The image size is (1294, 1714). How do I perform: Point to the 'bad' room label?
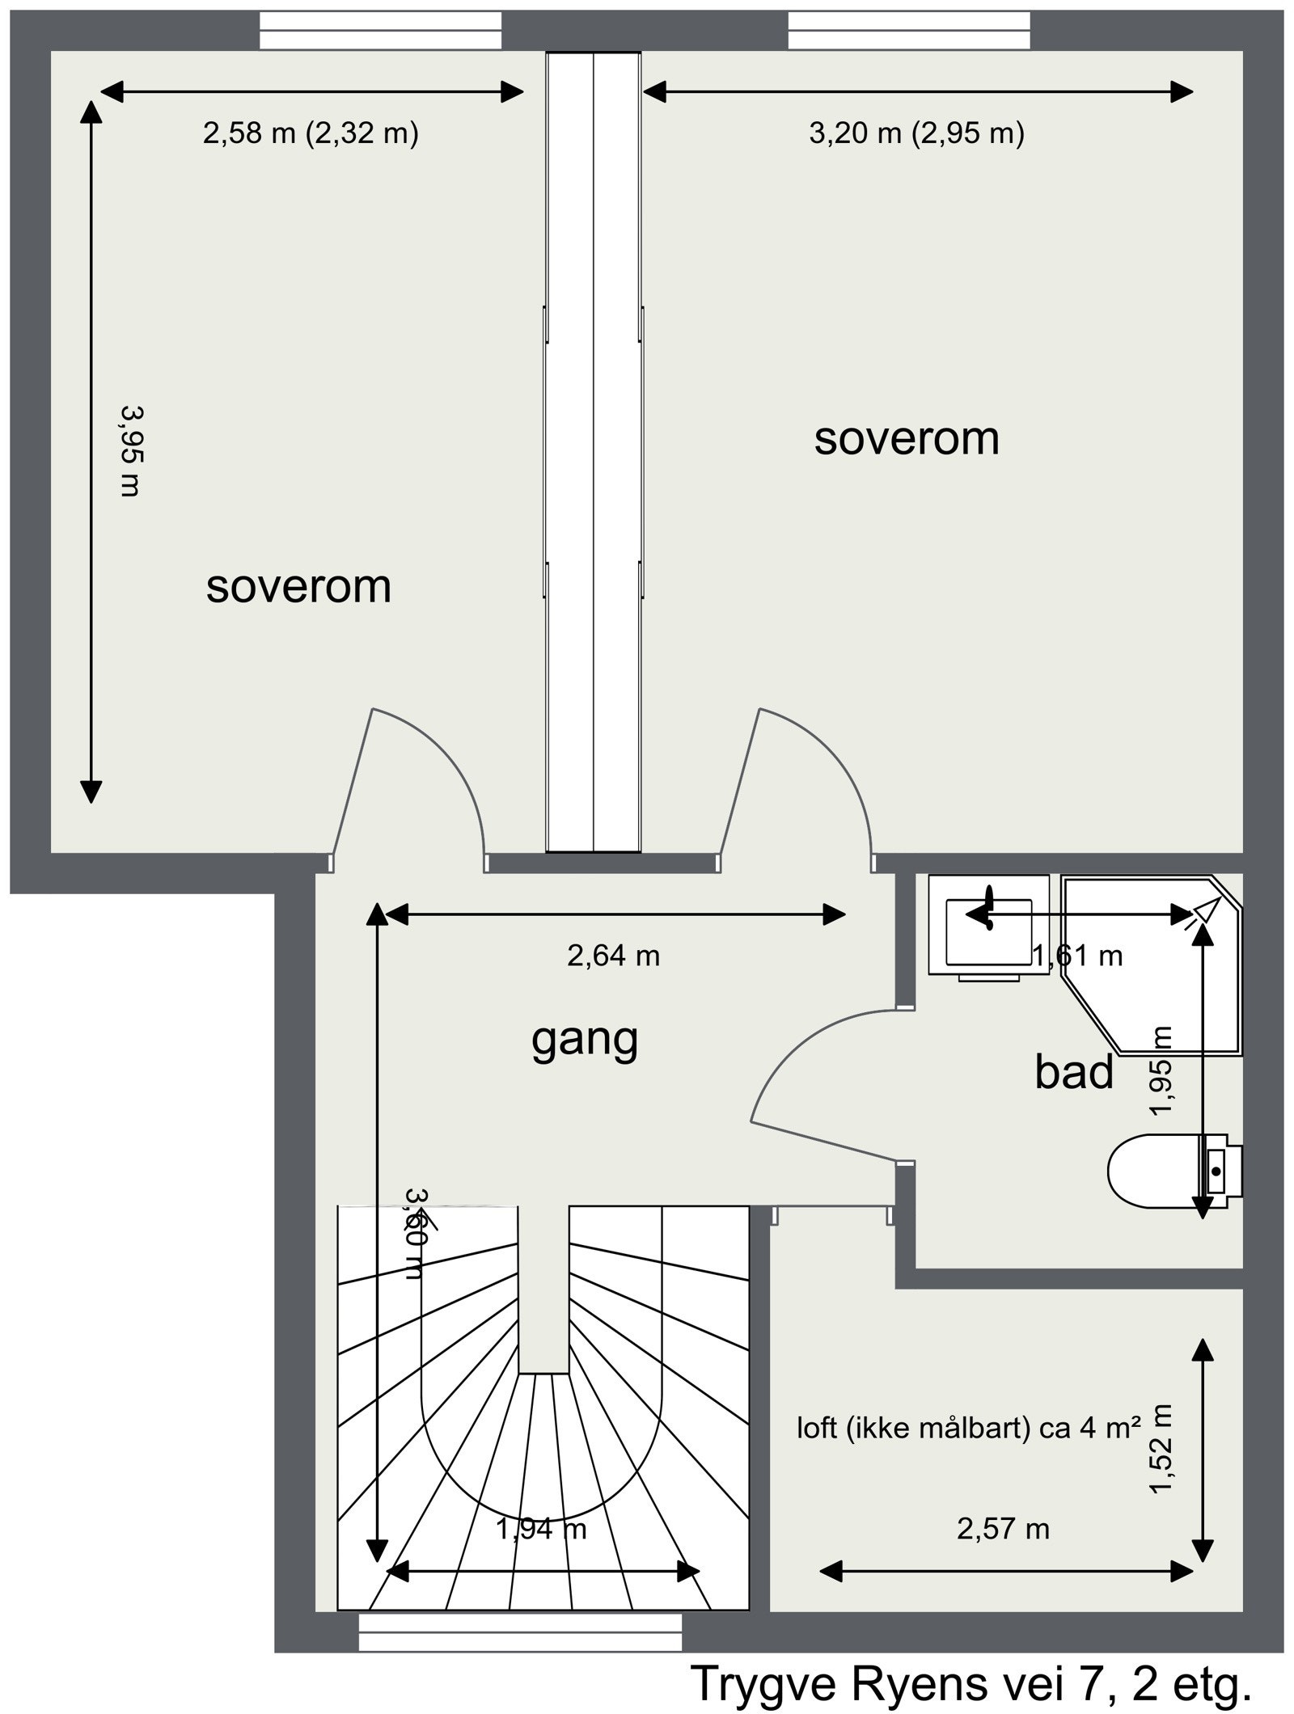coord(1074,1072)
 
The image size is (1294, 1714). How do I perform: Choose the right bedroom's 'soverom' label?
coord(907,439)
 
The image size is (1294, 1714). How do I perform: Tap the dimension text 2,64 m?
coord(613,956)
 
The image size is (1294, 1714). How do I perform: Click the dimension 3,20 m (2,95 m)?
coord(916,133)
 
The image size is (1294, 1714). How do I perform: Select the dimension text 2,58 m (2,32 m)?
coord(311,133)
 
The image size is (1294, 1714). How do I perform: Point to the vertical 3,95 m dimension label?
coord(130,450)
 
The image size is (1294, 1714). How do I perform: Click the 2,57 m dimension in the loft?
coord(1003,1529)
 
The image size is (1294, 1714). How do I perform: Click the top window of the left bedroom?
coord(379,31)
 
